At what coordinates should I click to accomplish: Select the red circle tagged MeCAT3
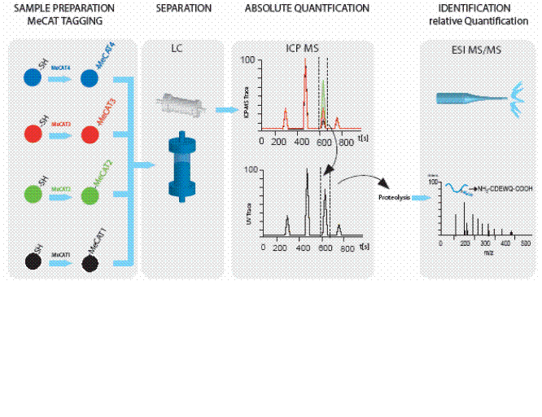point(90,133)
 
